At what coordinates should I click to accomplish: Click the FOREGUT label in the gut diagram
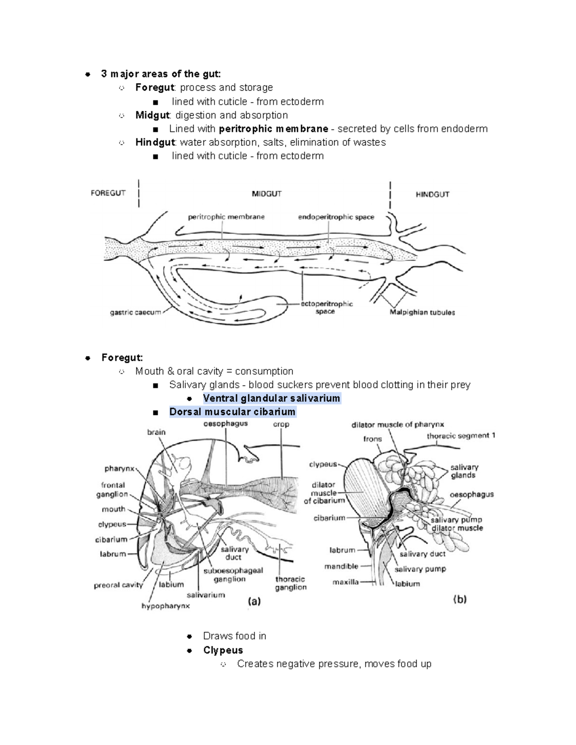point(108,193)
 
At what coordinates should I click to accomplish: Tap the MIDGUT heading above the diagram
point(266,194)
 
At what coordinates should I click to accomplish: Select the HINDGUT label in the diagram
point(432,194)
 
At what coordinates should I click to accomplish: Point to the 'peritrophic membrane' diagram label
point(226,217)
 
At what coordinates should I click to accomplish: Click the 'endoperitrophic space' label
point(336,217)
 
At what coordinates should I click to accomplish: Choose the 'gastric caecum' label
point(135,312)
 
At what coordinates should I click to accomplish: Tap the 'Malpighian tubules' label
point(422,312)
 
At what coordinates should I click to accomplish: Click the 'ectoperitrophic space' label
point(326,307)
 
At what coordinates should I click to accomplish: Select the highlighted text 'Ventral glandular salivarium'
point(271,398)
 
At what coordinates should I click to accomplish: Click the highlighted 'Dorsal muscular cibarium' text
point(232,412)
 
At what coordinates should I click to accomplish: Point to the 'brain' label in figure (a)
point(156,432)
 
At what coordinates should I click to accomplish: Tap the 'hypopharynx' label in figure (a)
point(166,606)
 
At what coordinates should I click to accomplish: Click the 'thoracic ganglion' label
point(290,583)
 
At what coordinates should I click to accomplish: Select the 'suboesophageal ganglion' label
point(233,575)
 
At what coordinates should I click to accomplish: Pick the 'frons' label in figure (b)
point(372,438)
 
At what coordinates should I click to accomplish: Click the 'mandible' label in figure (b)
point(341,566)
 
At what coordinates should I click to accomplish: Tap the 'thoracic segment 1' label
point(461,436)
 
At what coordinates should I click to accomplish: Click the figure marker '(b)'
point(460,599)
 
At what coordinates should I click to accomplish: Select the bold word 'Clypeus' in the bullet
point(223,650)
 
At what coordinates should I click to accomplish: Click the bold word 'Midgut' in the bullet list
point(152,115)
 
